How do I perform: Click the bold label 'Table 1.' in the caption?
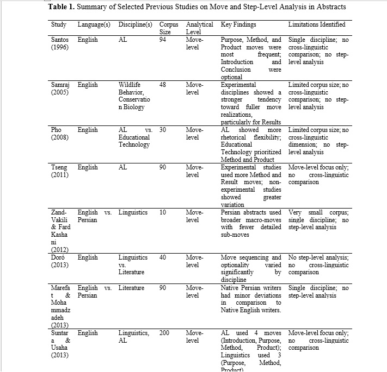pos(63,8)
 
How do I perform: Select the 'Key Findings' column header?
pos(238,24)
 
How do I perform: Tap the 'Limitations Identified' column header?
pos(316,24)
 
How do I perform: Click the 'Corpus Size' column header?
pos(168,28)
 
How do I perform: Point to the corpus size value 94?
pos(163,40)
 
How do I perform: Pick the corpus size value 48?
pos(163,85)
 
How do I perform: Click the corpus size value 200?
pos(165,332)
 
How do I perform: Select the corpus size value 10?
pos(163,212)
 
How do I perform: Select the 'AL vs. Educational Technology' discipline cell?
pos(134,137)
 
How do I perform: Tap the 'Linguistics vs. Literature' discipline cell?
pos(133,264)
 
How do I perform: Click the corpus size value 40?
pos(163,257)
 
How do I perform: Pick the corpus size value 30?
pos(163,130)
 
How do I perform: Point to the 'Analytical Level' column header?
pos(200,28)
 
